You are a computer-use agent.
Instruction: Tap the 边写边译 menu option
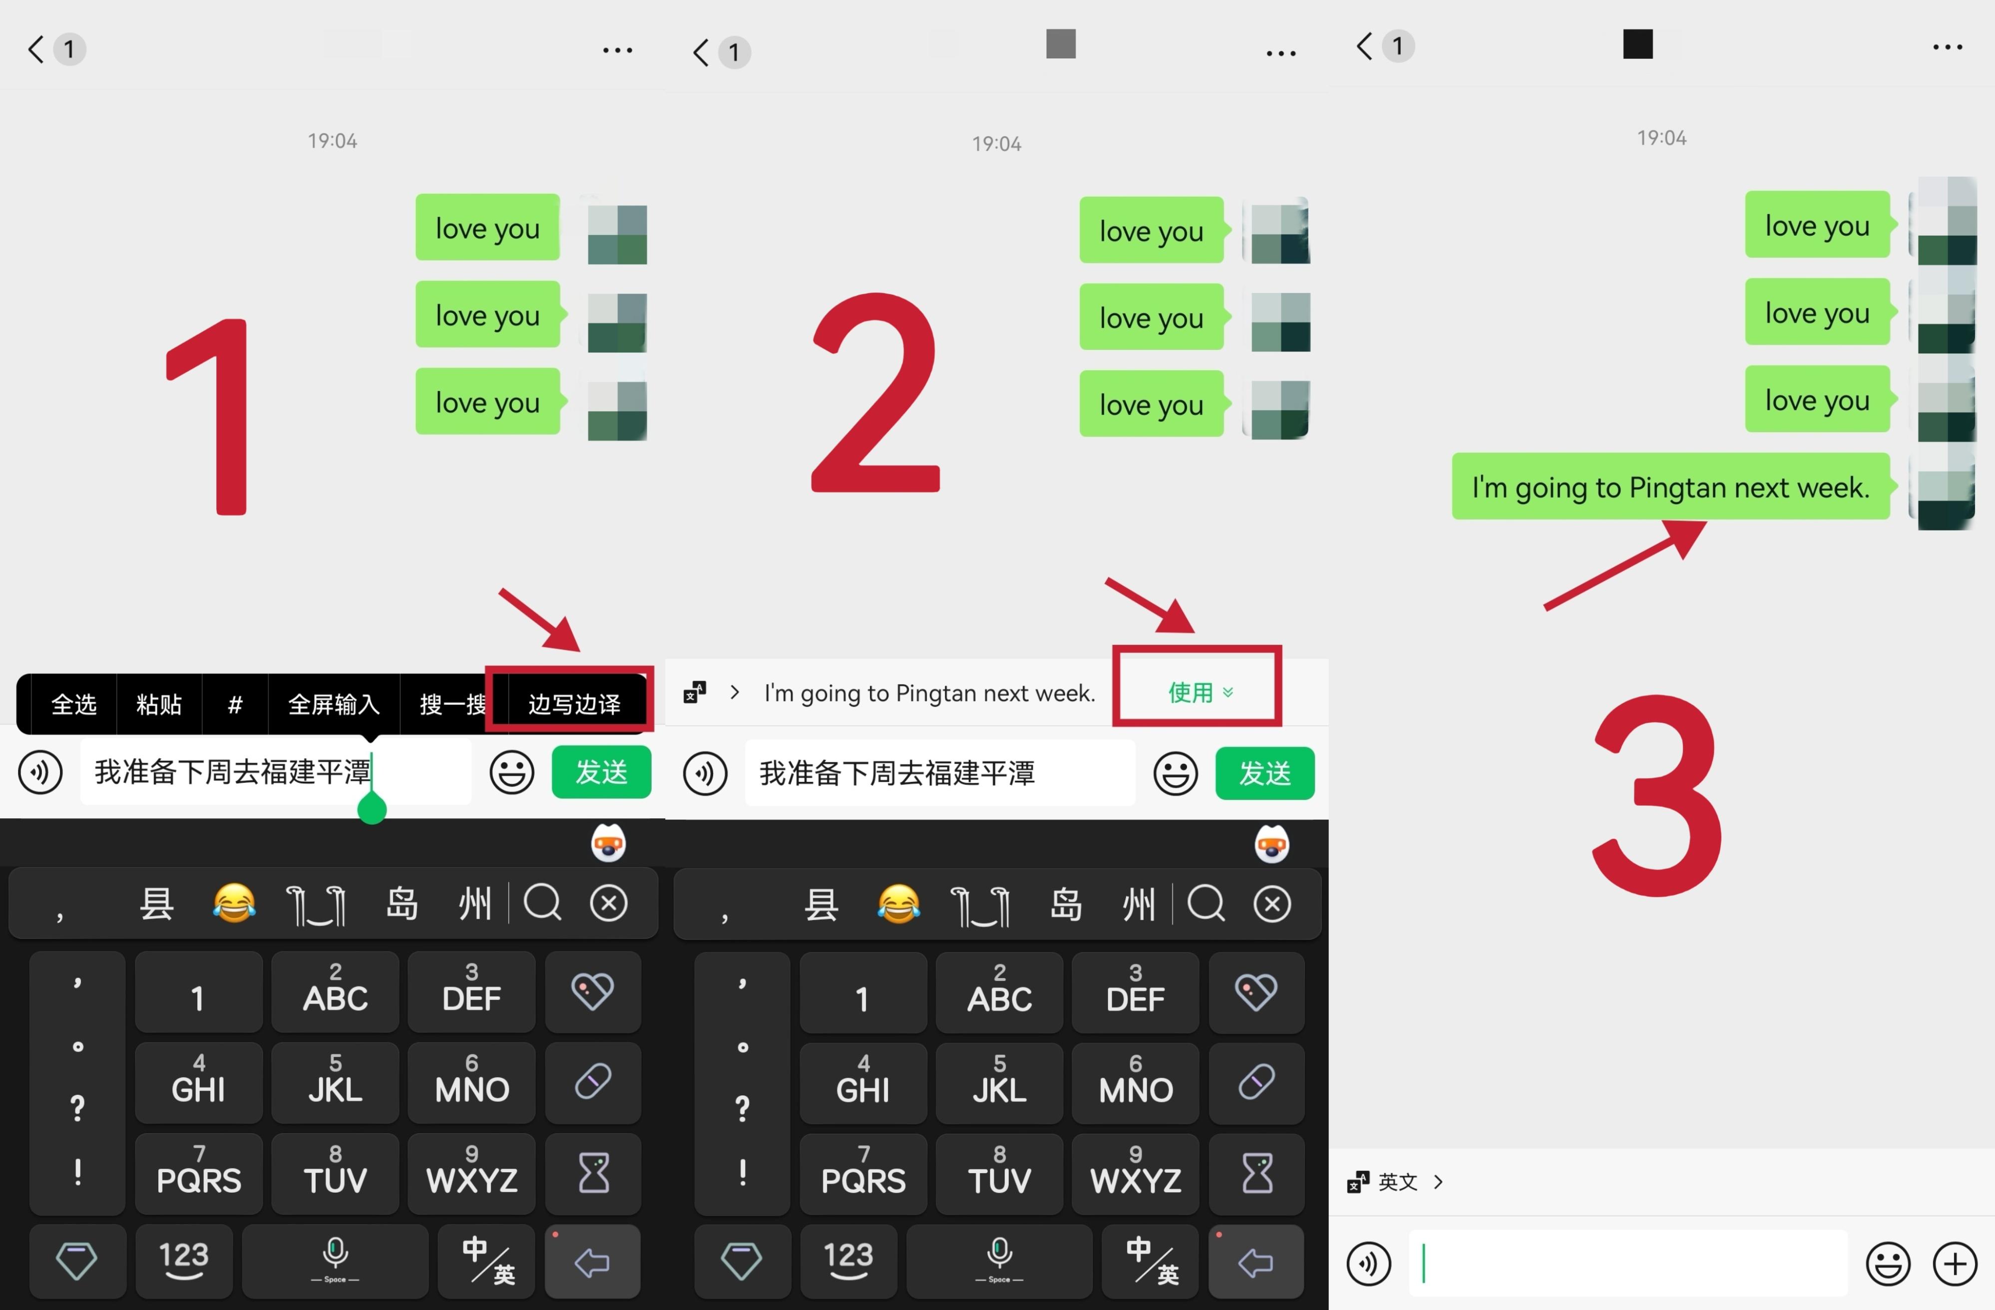pyautogui.click(x=574, y=703)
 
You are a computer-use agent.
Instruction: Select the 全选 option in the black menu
pyautogui.click(x=74, y=703)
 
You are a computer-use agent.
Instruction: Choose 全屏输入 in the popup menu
pyautogui.click(x=334, y=703)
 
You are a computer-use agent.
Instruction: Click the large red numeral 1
pyautogui.click(x=212, y=416)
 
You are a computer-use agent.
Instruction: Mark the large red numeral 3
pyautogui.click(x=1657, y=795)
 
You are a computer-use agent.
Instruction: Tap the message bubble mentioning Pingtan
pyautogui.click(x=1670, y=487)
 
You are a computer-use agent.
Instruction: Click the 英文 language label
pyautogui.click(x=1397, y=1182)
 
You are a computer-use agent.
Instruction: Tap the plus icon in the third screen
pyautogui.click(x=1955, y=1263)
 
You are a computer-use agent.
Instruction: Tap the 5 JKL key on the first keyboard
pyautogui.click(x=335, y=1082)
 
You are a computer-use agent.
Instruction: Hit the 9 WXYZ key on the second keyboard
pyautogui.click(x=1136, y=1173)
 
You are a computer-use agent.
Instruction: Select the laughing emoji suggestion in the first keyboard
pyautogui.click(x=234, y=904)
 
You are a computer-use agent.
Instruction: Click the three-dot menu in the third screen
pyautogui.click(x=1947, y=47)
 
